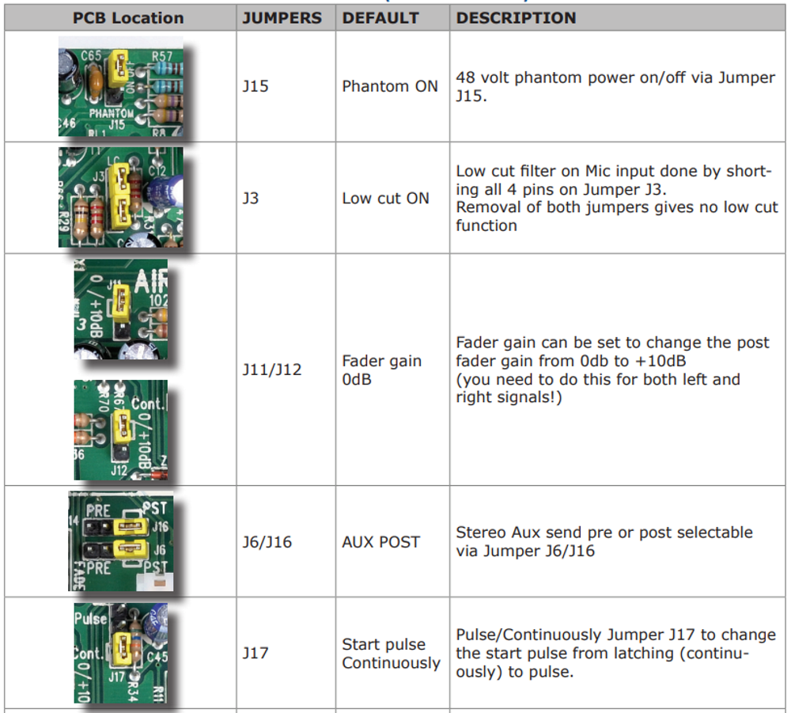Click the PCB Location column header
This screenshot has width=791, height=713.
[x=128, y=18]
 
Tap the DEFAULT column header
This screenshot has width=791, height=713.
[x=380, y=18]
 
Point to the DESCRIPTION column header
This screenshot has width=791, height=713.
[x=517, y=18]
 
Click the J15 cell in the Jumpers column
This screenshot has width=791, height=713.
[x=255, y=86]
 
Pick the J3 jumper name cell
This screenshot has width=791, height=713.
[x=251, y=198]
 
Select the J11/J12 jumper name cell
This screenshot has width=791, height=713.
[x=272, y=370]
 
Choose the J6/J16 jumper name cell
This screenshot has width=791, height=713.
[x=267, y=542]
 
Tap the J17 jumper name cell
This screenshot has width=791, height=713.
[x=255, y=653]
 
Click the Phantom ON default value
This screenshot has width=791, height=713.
[x=390, y=86]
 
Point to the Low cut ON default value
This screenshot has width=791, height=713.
[x=386, y=198]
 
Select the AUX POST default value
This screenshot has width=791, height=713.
[x=381, y=542]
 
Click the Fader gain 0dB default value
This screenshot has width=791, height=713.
[x=382, y=370]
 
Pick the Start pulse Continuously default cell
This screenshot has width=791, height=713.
[x=392, y=654]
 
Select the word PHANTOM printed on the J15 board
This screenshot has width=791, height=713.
[x=111, y=114]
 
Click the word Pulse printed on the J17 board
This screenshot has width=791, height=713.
[x=90, y=618]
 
